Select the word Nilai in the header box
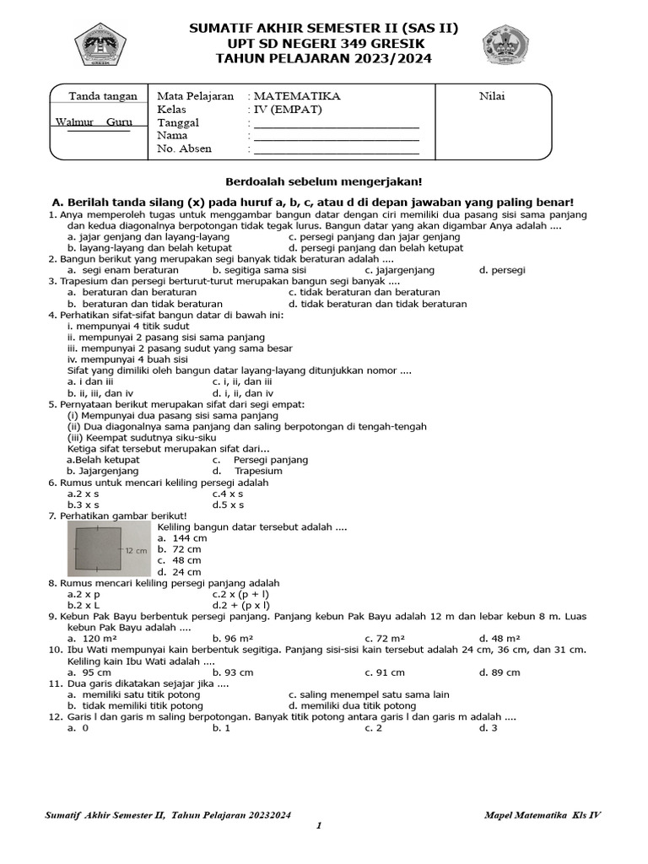coord(492,96)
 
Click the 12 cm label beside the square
coord(136,549)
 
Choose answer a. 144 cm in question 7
coord(182,537)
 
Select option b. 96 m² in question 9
coord(235,638)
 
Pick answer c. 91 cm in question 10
coord(385,672)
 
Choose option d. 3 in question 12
coord(489,727)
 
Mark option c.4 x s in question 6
coord(228,494)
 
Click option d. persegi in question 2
coord(502,270)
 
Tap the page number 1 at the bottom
coord(320,826)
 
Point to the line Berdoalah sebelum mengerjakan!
coord(323,181)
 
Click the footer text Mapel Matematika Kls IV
coord(543,814)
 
